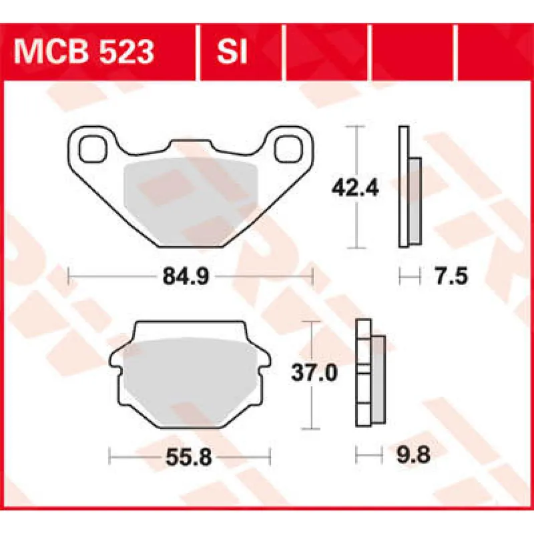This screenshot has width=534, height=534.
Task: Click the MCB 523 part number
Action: pos(84,52)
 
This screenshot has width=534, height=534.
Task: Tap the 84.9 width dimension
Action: pos(190,275)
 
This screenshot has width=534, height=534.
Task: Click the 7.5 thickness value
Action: pos(441,275)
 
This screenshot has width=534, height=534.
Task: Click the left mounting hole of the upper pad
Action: pos(93,148)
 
